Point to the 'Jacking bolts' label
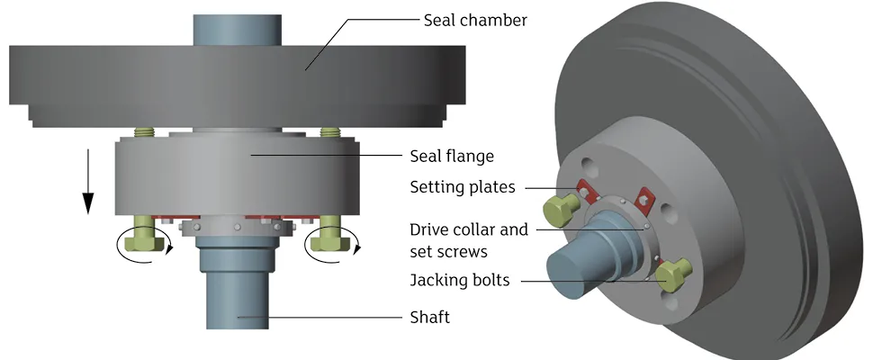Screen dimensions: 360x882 pos(460,280)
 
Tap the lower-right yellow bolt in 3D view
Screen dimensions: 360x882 pos(675,273)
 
